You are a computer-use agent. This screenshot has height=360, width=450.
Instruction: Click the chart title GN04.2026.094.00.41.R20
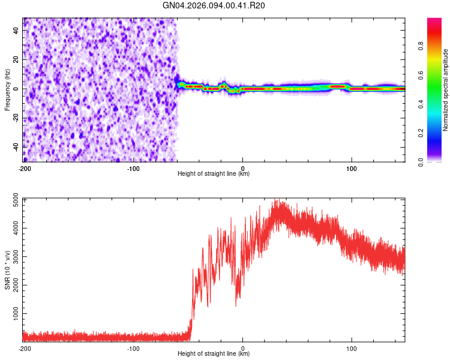click(214, 6)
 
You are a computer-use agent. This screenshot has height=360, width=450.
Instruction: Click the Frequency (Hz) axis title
click(7, 89)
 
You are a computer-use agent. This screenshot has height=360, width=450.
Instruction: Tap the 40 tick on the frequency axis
click(17, 31)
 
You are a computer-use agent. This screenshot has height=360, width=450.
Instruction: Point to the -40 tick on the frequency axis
click(16, 146)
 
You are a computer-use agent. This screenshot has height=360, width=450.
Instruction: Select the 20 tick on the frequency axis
click(17, 60)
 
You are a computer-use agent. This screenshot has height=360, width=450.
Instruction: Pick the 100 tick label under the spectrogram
click(351, 168)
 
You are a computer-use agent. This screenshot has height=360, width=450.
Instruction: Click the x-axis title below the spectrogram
click(214, 174)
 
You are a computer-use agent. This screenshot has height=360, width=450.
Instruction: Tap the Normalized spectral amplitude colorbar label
click(445, 90)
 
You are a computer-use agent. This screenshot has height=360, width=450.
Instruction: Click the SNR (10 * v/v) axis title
click(7, 270)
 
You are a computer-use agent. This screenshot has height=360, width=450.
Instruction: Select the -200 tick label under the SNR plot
click(25, 348)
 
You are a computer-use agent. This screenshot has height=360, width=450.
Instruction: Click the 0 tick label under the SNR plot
click(242, 348)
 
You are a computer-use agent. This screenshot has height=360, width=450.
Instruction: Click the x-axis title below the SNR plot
click(214, 354)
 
